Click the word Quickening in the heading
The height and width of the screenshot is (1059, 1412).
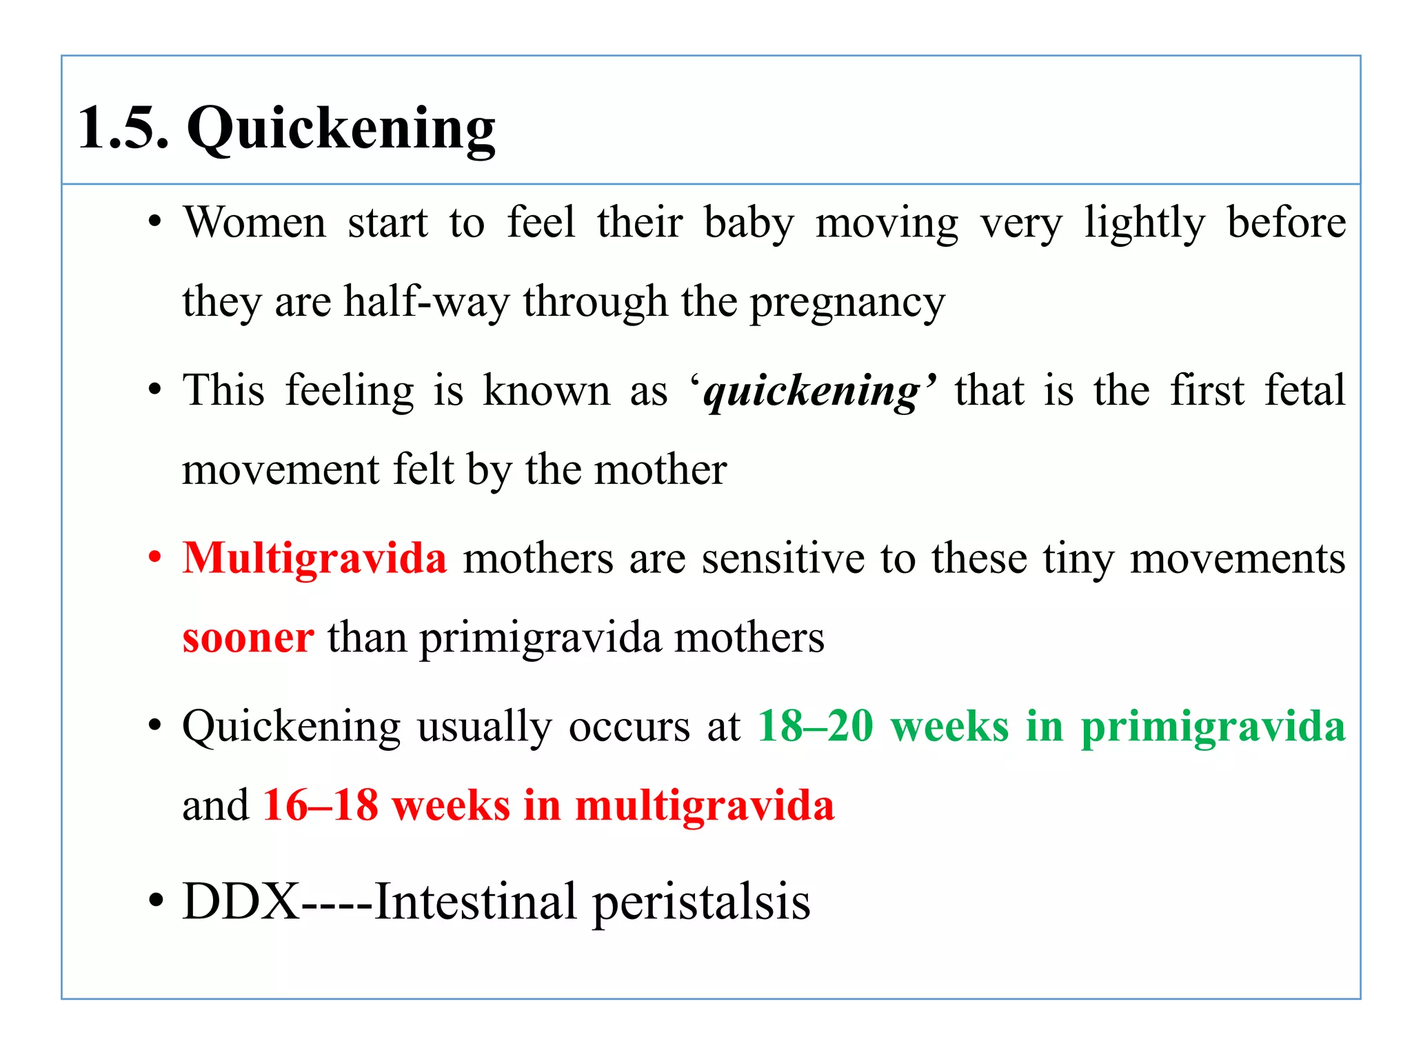[341, 130]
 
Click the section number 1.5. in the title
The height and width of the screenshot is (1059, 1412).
[123, 128]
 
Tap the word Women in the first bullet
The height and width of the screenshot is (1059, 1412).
[254, 223]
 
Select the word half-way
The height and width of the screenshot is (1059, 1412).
[427, 302]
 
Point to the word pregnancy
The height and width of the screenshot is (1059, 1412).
[847, 303]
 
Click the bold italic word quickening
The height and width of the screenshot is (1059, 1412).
[812, 392]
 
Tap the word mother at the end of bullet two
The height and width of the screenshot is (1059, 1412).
[660, 470]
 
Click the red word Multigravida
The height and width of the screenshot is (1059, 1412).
[314, 558]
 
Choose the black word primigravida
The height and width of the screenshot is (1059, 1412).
[541, 638]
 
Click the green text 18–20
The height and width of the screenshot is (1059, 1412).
[816, 726]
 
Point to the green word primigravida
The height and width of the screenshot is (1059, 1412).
[1213, 727]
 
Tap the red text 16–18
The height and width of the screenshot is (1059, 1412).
[321, 805]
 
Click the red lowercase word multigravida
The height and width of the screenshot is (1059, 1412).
[704, 805]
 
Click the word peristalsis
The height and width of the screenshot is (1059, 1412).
[701, 902]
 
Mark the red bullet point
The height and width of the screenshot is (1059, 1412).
[156, 557]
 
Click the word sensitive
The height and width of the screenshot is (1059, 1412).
[783, 558]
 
